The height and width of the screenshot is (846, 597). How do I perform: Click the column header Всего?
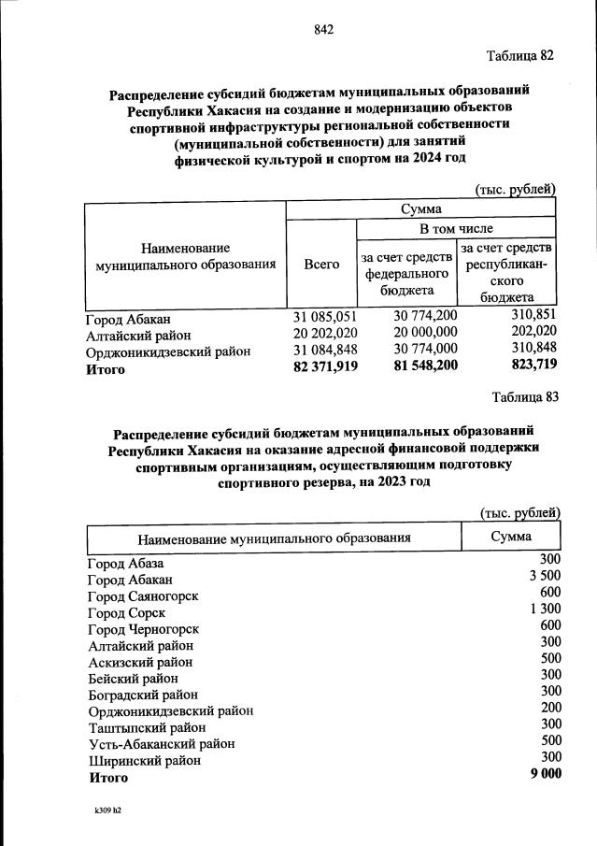(321, 265)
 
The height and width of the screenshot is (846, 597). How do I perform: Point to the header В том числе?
(456, 228)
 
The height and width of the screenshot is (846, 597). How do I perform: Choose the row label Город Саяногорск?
(143, 595)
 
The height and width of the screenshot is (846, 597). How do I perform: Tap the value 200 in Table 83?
(550, 708)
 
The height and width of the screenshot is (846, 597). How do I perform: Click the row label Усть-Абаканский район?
(161, 743)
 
